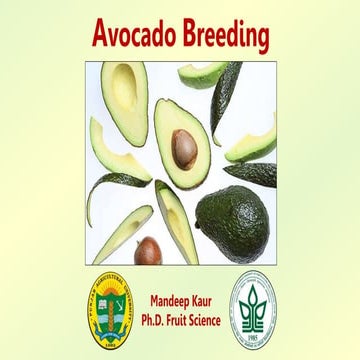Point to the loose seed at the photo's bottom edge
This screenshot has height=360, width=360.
tap(148, 250)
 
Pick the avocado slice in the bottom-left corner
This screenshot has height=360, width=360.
tap(122, 235)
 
